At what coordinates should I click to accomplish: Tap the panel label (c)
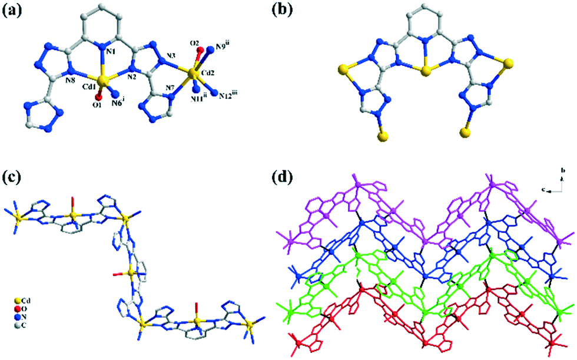(13, 176)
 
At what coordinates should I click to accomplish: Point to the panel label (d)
(291, 176)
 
